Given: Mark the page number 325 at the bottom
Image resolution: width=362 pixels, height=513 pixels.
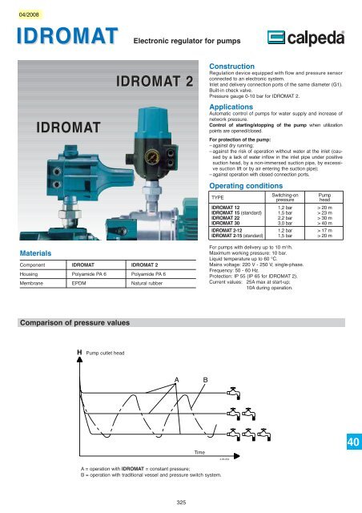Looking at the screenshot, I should pyautogui.click(x=181, y=502).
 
